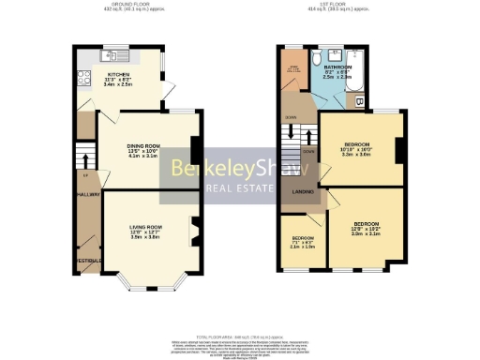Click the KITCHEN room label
[119, 74]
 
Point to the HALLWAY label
[88, 194]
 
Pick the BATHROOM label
[337, 67]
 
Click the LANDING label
[303, 191]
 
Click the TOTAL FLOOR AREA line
[239, 335]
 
